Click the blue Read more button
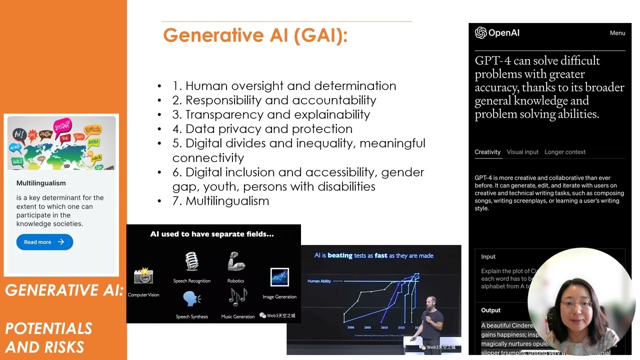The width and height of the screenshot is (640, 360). [x=44, y=242]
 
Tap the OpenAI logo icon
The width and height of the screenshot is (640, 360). [x=480, y=33]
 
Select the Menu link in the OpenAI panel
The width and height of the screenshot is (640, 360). [x=617, y=33]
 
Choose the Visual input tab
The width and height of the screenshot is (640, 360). [x=522, y=152]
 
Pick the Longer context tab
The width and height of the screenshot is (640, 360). [x=564, y=152]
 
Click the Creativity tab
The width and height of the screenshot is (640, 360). [x=487, y=152]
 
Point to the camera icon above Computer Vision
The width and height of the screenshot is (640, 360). [x=143, y=275]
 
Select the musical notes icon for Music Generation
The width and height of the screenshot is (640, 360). [x=237, y=297]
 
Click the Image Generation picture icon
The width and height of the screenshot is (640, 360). [x=279, y=277]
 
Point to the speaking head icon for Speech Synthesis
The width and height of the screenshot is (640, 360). [x=191, y=299]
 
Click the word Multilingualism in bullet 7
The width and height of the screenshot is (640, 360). [x=227, y=201]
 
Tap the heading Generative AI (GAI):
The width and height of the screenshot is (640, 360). [x=255, y=35]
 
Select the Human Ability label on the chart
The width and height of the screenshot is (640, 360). [x=319, y=281]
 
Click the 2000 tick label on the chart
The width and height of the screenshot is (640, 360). [x=351, y=327]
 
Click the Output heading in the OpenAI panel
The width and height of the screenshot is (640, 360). [x=490, y=310]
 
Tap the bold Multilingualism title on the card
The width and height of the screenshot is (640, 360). [x=41, y=183]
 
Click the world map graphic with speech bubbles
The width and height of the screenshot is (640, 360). [x=61, y=143]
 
